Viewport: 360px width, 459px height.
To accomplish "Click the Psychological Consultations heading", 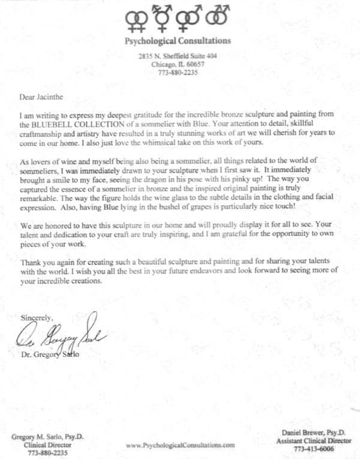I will (x=176, y=41).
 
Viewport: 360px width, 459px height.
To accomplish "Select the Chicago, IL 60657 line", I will (x=176, y=65).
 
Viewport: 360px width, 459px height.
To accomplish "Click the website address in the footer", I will (x=181, y=445).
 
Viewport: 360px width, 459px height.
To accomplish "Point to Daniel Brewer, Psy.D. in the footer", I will (x=307, y=433).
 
